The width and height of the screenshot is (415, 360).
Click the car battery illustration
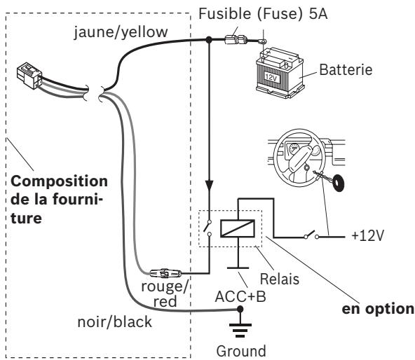(280, 73)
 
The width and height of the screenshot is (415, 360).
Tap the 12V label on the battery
(271, 78)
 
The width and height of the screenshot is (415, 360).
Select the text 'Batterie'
(346, 69)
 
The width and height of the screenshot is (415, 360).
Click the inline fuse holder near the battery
(236, 40)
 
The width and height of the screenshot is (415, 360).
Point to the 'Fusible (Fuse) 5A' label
(263, 13)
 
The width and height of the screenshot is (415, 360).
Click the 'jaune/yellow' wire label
(121, 32)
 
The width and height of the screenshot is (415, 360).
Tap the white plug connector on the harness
(29, 75)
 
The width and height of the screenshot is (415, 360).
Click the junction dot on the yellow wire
(209, 40)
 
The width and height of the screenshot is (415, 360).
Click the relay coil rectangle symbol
(238, 228)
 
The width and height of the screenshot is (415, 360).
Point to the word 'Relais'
(280, 279)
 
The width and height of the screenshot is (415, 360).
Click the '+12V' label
(367, 235)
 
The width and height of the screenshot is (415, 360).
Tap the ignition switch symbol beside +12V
(311, 235)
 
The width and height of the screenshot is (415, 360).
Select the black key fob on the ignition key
(339, 183)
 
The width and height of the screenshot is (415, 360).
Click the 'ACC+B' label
(240, 296)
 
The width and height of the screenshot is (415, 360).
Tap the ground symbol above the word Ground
(240, 330)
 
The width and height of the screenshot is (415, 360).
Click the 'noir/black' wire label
(114, 322)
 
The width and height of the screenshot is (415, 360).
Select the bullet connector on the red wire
(165, 273)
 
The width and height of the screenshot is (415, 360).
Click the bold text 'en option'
(378, 309)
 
